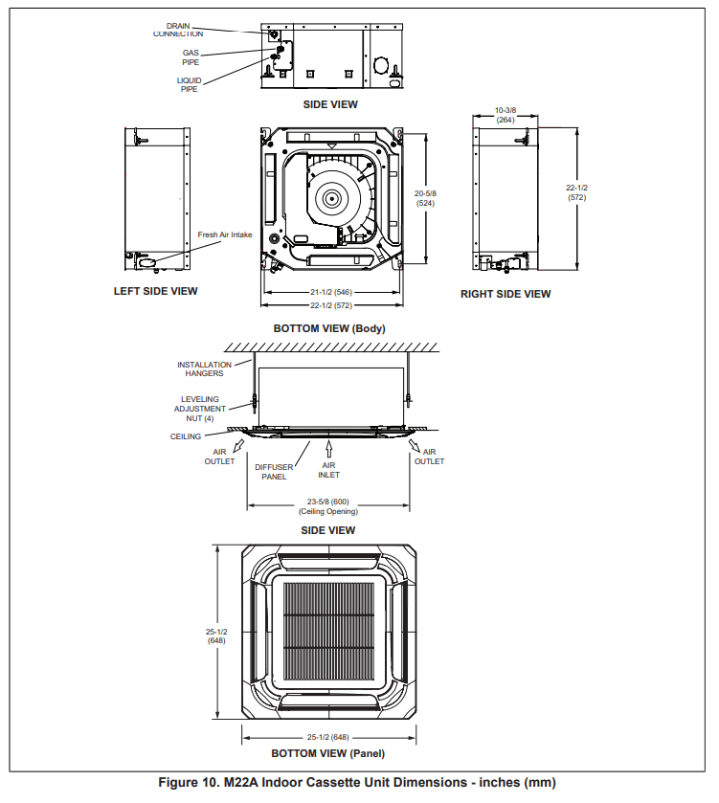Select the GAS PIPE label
click(191, 57)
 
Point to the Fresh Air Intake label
click(225, 234)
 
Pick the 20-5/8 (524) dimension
click(425, 198)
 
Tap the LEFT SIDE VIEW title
click(155, 291)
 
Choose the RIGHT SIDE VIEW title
click(506, 294)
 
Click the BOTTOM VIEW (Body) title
click(328, 328)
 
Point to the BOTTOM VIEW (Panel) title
click(328, 754)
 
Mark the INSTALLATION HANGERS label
click(204, 368)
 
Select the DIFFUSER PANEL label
click(274, 472)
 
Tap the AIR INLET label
click(329, 470)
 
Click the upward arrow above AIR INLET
click(329, 446)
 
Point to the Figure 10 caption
click(356, 783)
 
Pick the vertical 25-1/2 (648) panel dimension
click(215, 636)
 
